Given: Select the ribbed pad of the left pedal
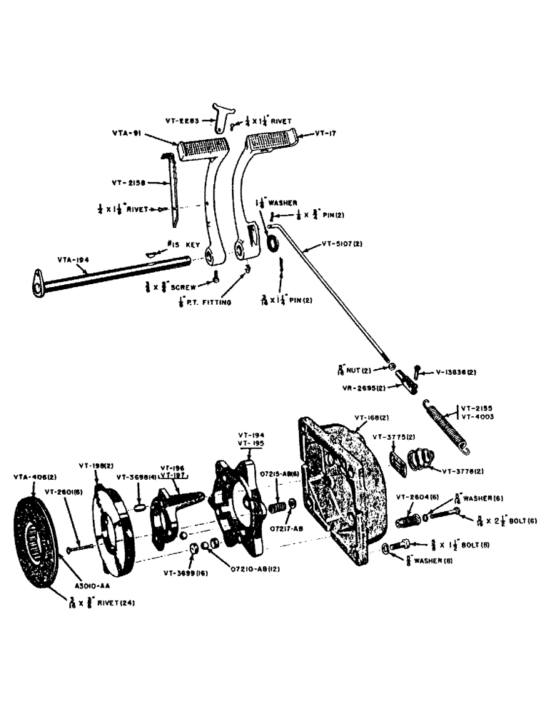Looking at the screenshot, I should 203,149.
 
